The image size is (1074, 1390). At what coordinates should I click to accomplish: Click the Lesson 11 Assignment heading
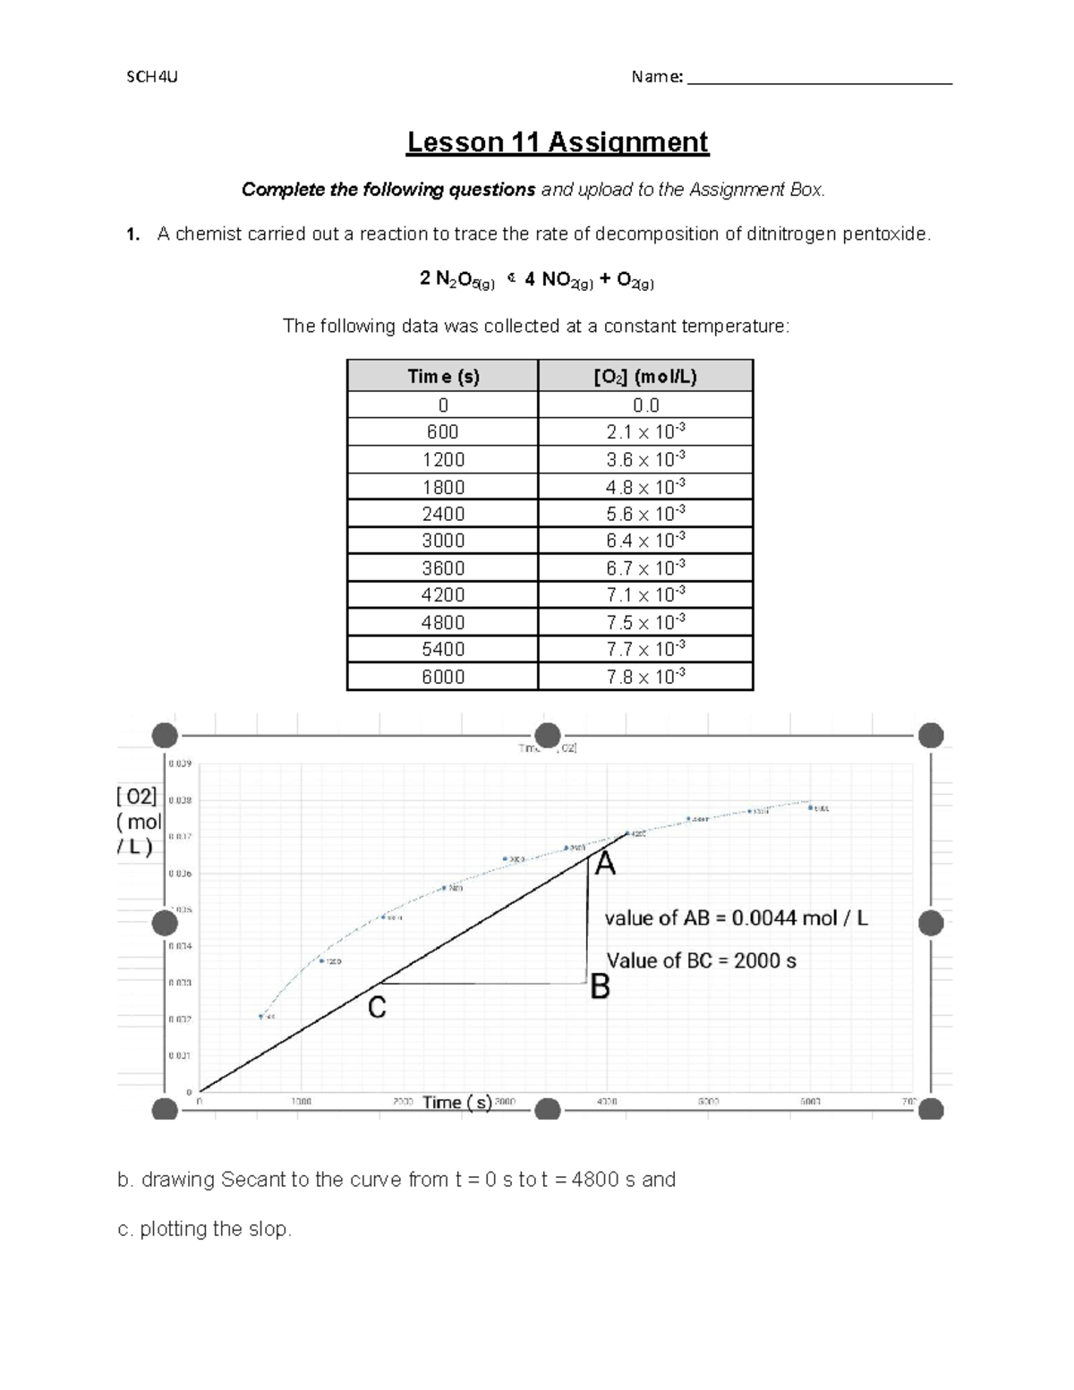point(558,142)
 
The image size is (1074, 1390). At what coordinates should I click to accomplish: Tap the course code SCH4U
point(151,77)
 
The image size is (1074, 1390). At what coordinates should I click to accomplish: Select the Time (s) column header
point(443,377)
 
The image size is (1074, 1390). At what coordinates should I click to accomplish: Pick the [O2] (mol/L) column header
point(645,377)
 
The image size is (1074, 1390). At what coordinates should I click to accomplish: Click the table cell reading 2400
point(443,514)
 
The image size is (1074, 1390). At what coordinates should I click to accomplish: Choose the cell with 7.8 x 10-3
point(645,677)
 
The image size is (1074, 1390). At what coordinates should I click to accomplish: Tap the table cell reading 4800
point(443,622)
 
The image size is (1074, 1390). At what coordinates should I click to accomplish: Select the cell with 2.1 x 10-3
point(645,431)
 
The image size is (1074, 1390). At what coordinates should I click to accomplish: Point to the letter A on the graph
point(606,865)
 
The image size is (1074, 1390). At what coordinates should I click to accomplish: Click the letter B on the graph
point(600,987)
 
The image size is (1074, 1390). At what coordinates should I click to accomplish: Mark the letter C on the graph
point(378,1009)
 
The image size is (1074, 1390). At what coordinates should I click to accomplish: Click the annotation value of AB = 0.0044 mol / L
point(737,918)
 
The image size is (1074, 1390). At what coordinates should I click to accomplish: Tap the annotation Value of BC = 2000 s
point(702,961)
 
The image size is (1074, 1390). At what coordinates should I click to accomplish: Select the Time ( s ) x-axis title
point(457,1103)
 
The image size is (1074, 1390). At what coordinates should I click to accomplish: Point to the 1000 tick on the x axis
point(302,1102)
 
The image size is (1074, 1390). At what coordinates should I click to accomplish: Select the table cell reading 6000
point(443,677)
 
